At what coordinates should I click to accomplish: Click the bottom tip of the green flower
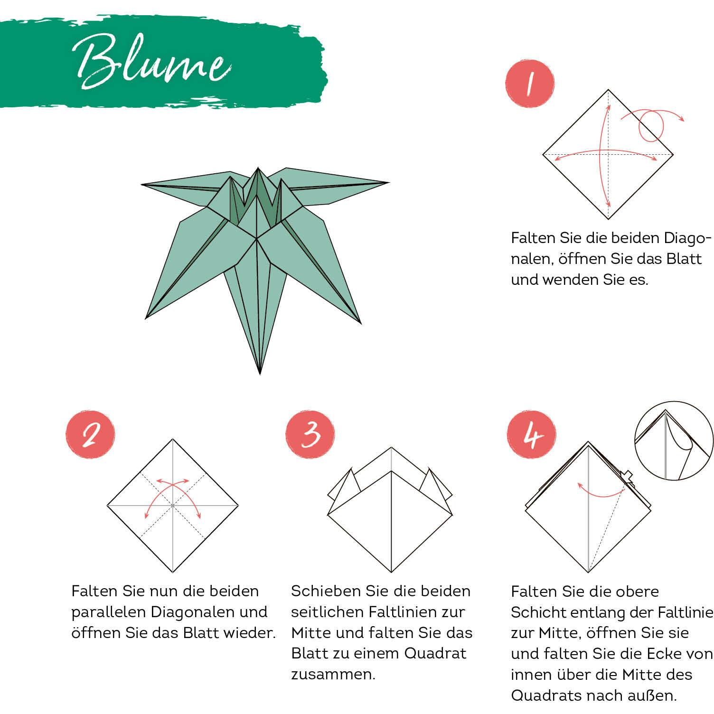pos(260,373)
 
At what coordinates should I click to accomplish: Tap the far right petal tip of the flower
pos(388,182)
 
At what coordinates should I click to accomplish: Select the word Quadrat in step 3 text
pos(435,653)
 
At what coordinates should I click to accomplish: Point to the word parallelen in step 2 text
pos(109,612)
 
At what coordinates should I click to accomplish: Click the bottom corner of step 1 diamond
pos(608,218)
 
